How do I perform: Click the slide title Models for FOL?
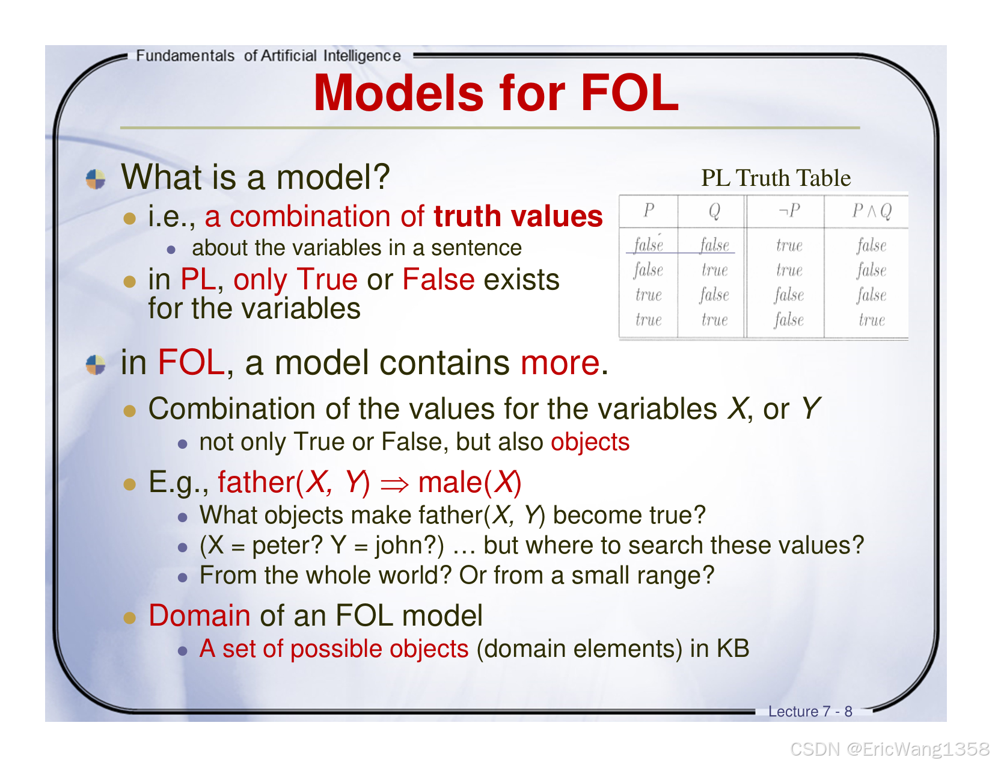496,93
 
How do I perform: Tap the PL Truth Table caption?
776,178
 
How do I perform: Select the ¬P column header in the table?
789,211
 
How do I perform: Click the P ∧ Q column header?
872,211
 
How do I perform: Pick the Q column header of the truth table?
714,211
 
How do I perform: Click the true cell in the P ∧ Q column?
872,320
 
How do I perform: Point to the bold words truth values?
518,217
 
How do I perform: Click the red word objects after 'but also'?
590,442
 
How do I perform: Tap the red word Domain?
200,615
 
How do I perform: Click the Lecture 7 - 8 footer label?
810,712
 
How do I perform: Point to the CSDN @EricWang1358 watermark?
890,749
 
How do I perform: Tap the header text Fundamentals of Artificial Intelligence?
268,56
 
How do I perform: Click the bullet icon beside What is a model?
96,179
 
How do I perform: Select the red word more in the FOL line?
560,363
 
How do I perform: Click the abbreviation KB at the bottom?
732,648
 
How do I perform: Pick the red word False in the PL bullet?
438,280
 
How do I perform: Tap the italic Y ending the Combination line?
810,409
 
